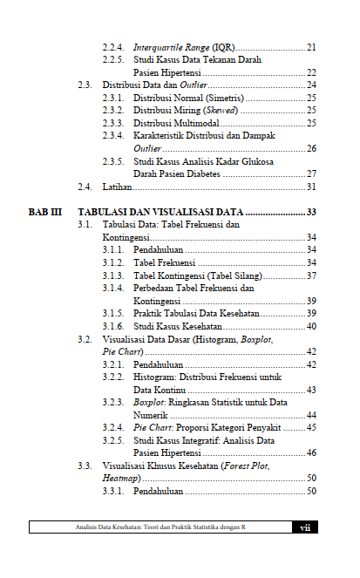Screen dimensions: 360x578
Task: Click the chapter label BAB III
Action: tap(44, 212)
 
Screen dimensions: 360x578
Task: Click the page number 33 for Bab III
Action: tap(310, 212)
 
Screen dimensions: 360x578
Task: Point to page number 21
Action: tap(310, 46)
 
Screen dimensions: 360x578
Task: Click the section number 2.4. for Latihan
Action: tap(85, 187)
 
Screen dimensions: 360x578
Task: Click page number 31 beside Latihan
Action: tap(310, 187)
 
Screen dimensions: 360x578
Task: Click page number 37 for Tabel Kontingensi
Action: tap(310, 275)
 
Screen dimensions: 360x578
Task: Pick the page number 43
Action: tap(310, 390)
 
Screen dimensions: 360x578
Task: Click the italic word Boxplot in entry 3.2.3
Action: tap(149, 402)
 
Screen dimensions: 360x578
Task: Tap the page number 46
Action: tap(310, 452)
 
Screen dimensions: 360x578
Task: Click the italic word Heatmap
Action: tap(122, 478)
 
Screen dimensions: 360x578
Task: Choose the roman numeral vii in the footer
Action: tap(304, 527)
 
